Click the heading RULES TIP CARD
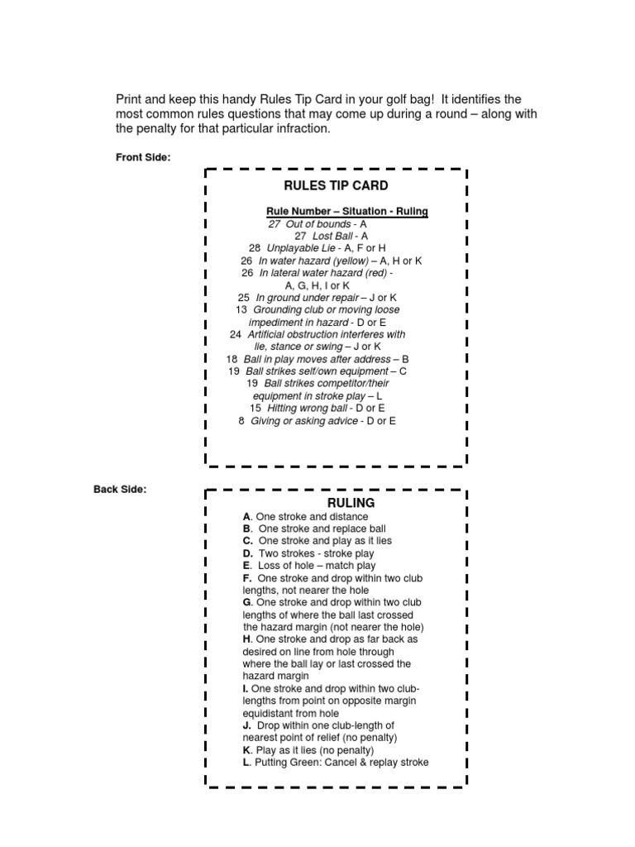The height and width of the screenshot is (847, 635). (x=336, y=185)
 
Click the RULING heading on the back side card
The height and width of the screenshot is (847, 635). (x=351, y=502)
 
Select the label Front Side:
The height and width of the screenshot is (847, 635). (x=143, y=158)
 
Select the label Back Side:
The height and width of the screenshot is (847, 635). (x=120, y=489)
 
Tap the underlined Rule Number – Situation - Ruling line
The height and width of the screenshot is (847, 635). (x=346, y=212)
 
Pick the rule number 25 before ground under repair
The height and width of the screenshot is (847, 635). (x=243, y=297)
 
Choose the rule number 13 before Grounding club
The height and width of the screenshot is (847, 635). (x=241, y=309)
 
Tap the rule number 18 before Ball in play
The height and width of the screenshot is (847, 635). (x=232, y=359)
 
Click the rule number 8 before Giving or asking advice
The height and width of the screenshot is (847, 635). (x=241, y=420)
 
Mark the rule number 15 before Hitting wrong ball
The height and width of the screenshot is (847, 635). (x=255, y=408)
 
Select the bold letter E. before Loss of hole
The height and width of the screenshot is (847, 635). (x=247, y=566)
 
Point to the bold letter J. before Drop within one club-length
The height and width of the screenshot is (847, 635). (x=247, y=725)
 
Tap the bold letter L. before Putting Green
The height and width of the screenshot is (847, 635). (x=246, y=762)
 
